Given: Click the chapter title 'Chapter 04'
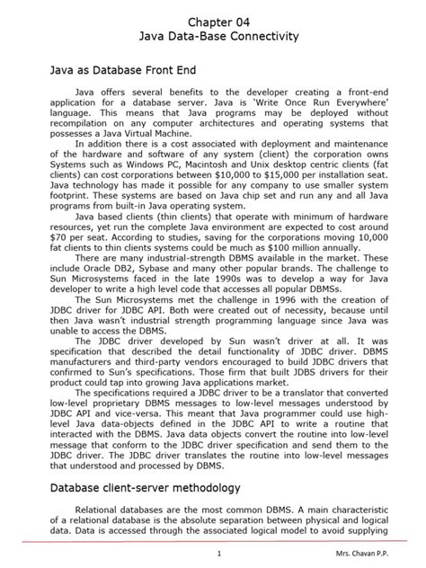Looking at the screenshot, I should click(213, 20).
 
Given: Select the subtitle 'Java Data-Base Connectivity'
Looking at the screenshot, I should click(213, 37).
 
